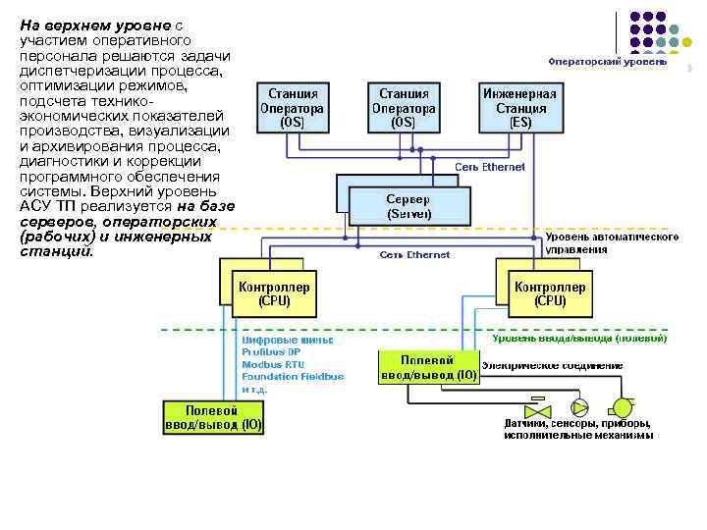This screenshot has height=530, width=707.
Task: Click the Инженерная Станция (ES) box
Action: point(520,108)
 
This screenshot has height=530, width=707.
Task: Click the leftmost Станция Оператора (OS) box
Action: point(292,108)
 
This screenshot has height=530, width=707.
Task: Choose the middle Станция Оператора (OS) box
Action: point(404,108)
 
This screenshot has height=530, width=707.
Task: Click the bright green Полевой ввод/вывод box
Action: point(428,368)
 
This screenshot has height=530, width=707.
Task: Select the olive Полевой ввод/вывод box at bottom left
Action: point(212,416)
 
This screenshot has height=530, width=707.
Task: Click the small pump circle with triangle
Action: point(580,407)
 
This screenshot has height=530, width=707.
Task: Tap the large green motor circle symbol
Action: point(622,406)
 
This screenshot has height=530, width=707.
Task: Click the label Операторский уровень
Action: point(607,62)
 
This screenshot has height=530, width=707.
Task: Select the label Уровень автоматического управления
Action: point(612,242)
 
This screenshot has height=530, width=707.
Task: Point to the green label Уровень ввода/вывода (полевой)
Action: point(579,339)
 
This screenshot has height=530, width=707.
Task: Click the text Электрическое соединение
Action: point(552,364)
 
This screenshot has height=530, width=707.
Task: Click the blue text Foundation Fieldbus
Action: point(293,376)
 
